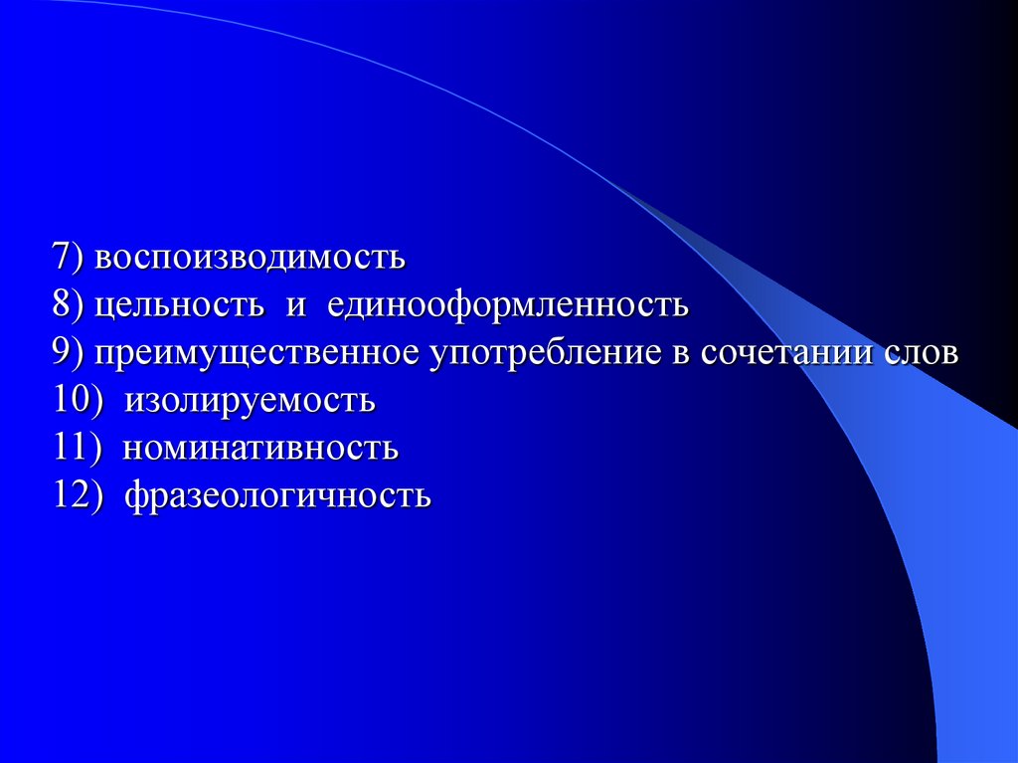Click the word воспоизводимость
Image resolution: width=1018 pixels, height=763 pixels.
click(252, 258)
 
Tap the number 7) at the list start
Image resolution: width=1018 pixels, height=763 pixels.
click(72, 258)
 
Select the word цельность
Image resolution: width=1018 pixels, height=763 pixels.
click(179, 305)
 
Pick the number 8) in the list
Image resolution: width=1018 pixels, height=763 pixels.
click(72, 305)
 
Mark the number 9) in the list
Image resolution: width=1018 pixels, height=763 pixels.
click(72, 353)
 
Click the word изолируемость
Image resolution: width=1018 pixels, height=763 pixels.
click(250, 401)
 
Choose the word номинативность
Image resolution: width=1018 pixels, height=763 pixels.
click(261, 449)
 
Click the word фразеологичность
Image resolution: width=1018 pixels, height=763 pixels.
click(278, 496)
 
